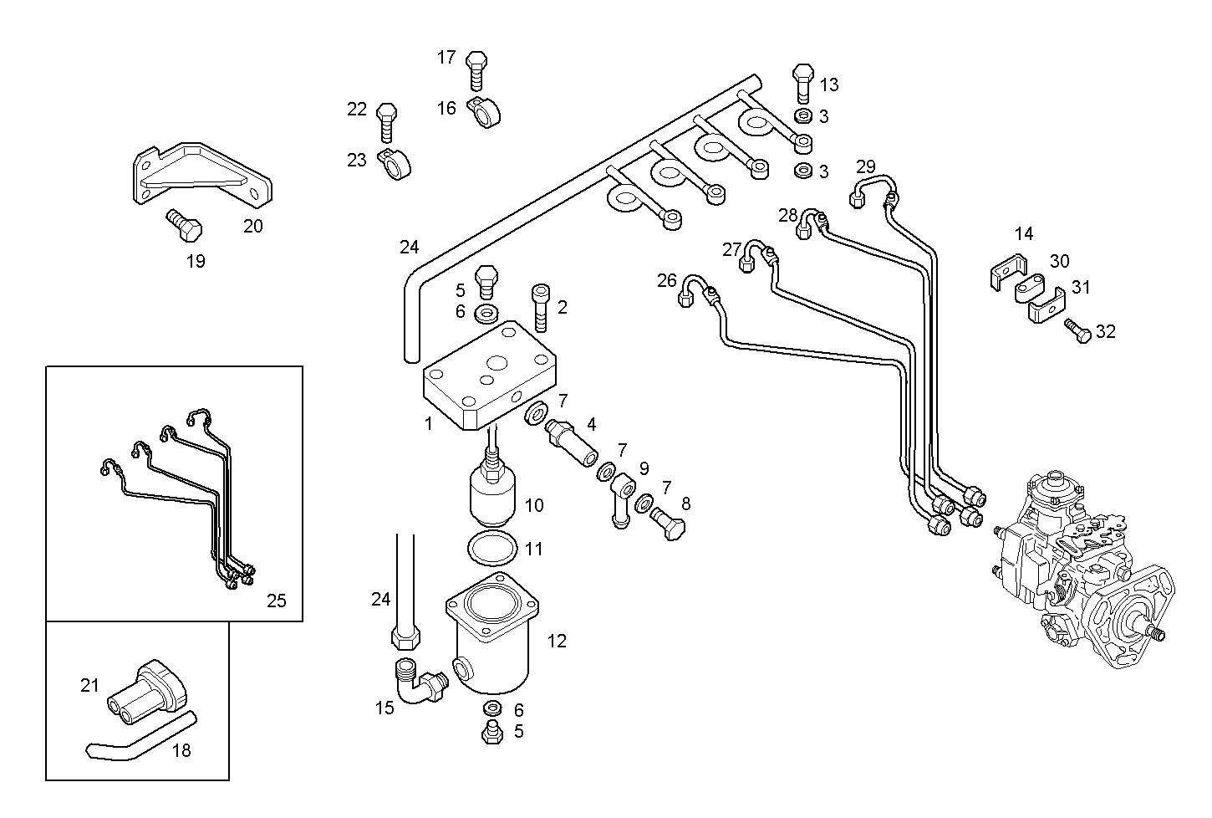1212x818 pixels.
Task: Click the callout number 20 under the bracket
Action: (x=252, y=226)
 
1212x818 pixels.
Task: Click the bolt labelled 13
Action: (x=802, y=81)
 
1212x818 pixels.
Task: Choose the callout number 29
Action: (x=865, y=166)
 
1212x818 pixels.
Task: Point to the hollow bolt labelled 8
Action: (x=670, y=524)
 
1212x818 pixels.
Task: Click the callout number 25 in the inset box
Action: (x=277, y=601)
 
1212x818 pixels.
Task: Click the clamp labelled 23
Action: (x=395, y=165)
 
